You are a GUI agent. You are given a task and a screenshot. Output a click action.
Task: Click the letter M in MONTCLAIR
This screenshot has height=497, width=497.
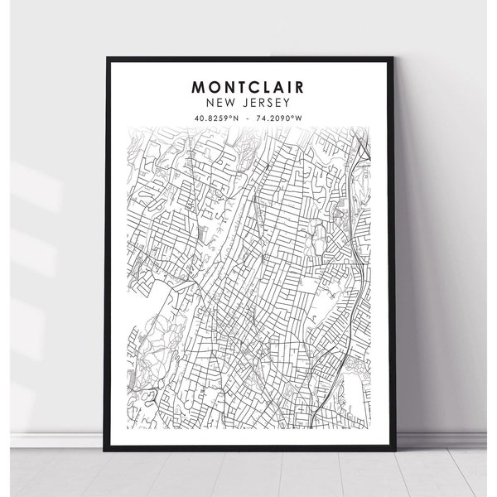(x=200, y=86)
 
